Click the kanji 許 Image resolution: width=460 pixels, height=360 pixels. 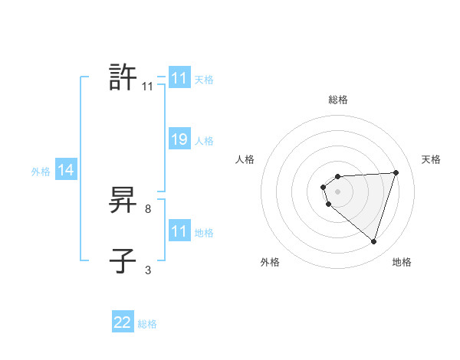pos(123,77)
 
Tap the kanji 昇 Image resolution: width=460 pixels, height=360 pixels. pos(123,201)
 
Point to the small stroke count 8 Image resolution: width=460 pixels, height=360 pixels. pos(148,208)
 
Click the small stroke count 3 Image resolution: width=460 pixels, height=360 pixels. pos(148,270)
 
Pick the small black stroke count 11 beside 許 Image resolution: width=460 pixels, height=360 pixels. pos(147,87)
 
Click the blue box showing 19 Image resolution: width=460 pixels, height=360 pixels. pos(179,140)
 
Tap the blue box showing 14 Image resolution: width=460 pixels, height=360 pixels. pos(65,171)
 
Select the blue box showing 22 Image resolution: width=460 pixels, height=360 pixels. pos(123,322)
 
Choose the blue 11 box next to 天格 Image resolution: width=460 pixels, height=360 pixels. pos(179,79)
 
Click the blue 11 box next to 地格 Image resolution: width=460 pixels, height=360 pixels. pos(179,231)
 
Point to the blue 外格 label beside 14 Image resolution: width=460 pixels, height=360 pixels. pos(41,172)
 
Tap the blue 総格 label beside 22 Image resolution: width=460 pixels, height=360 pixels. pos(147,324)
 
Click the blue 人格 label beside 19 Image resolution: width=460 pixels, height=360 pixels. pos(204,141)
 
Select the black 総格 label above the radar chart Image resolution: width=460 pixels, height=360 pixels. pos(338,100)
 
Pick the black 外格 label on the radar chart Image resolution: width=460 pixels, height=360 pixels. pos(270,262)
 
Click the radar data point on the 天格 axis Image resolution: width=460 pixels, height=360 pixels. pos(396,172)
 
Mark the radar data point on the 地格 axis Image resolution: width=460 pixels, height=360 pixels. pos(374,242)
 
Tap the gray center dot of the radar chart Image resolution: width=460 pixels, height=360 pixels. pos(337,190)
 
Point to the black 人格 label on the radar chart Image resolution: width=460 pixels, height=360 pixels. pos(245,159)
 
